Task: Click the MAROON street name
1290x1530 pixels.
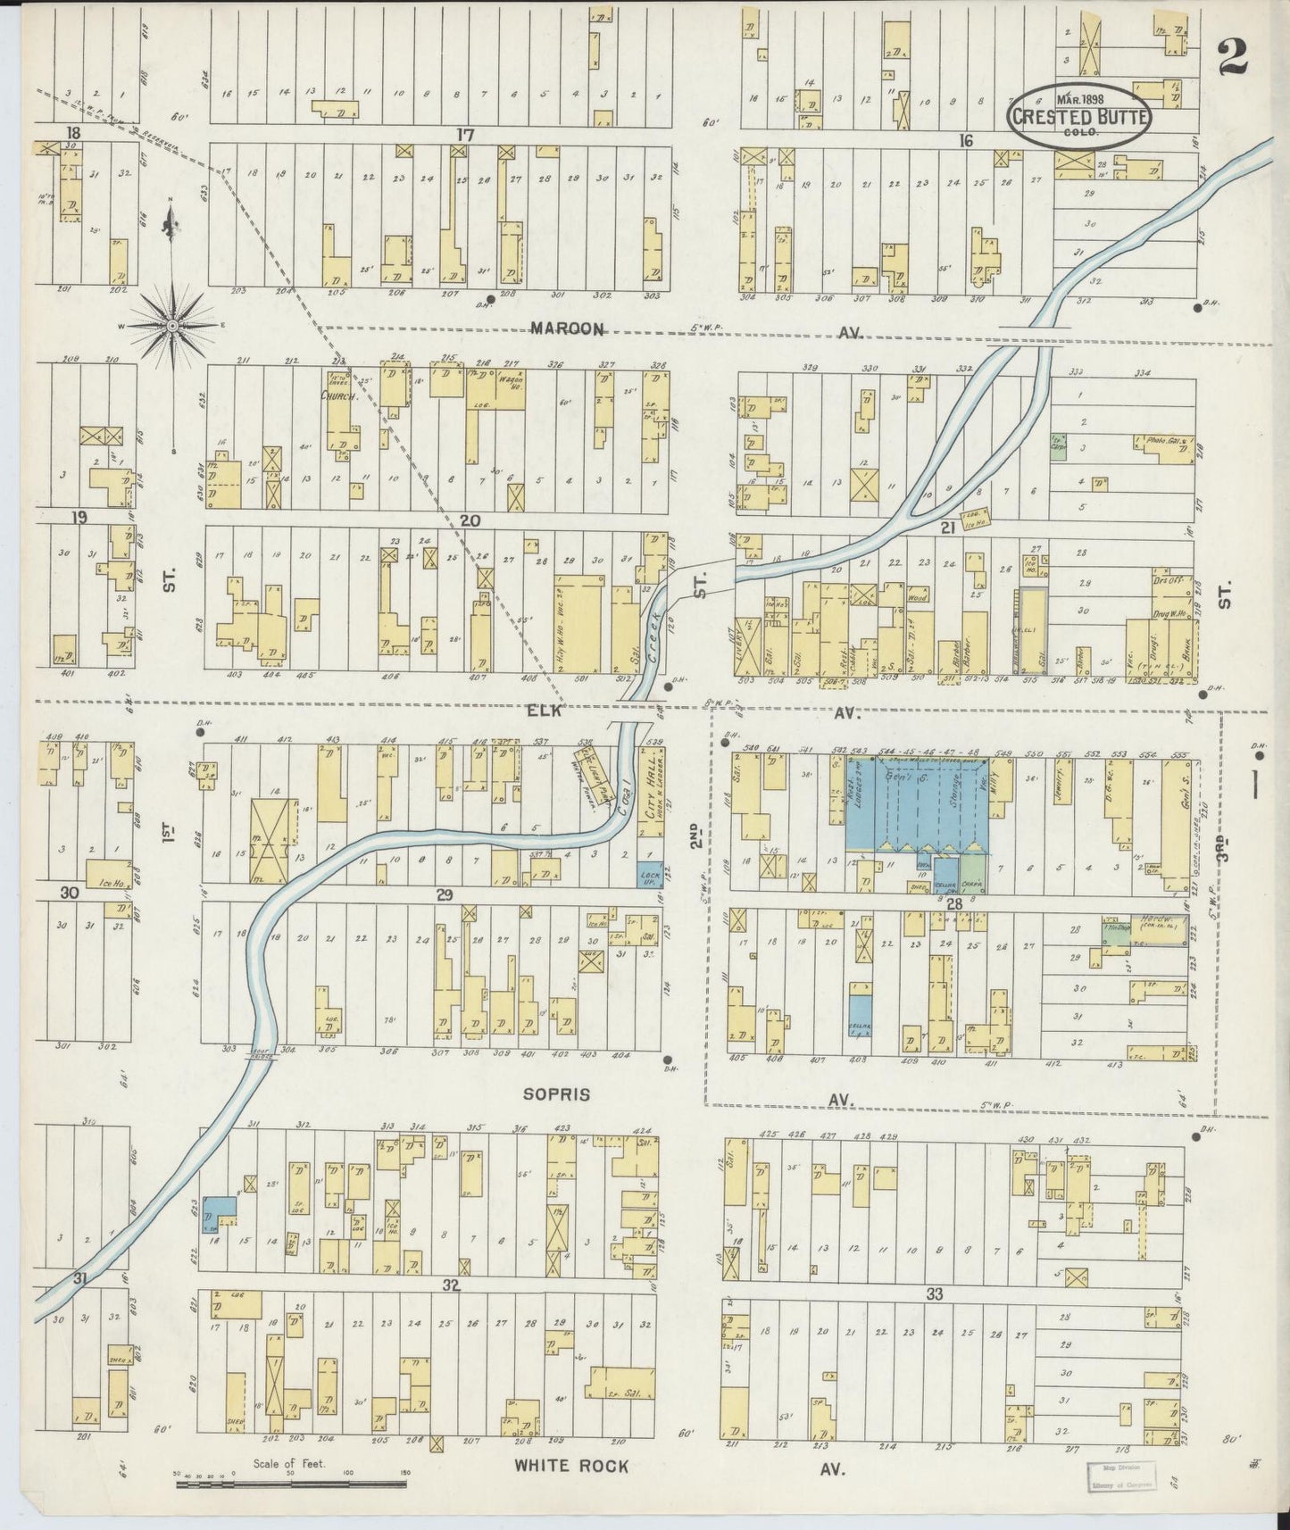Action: pos(568,328)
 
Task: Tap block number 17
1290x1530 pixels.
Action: pos(463,135)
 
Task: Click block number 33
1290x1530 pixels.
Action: pos(934,1293)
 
